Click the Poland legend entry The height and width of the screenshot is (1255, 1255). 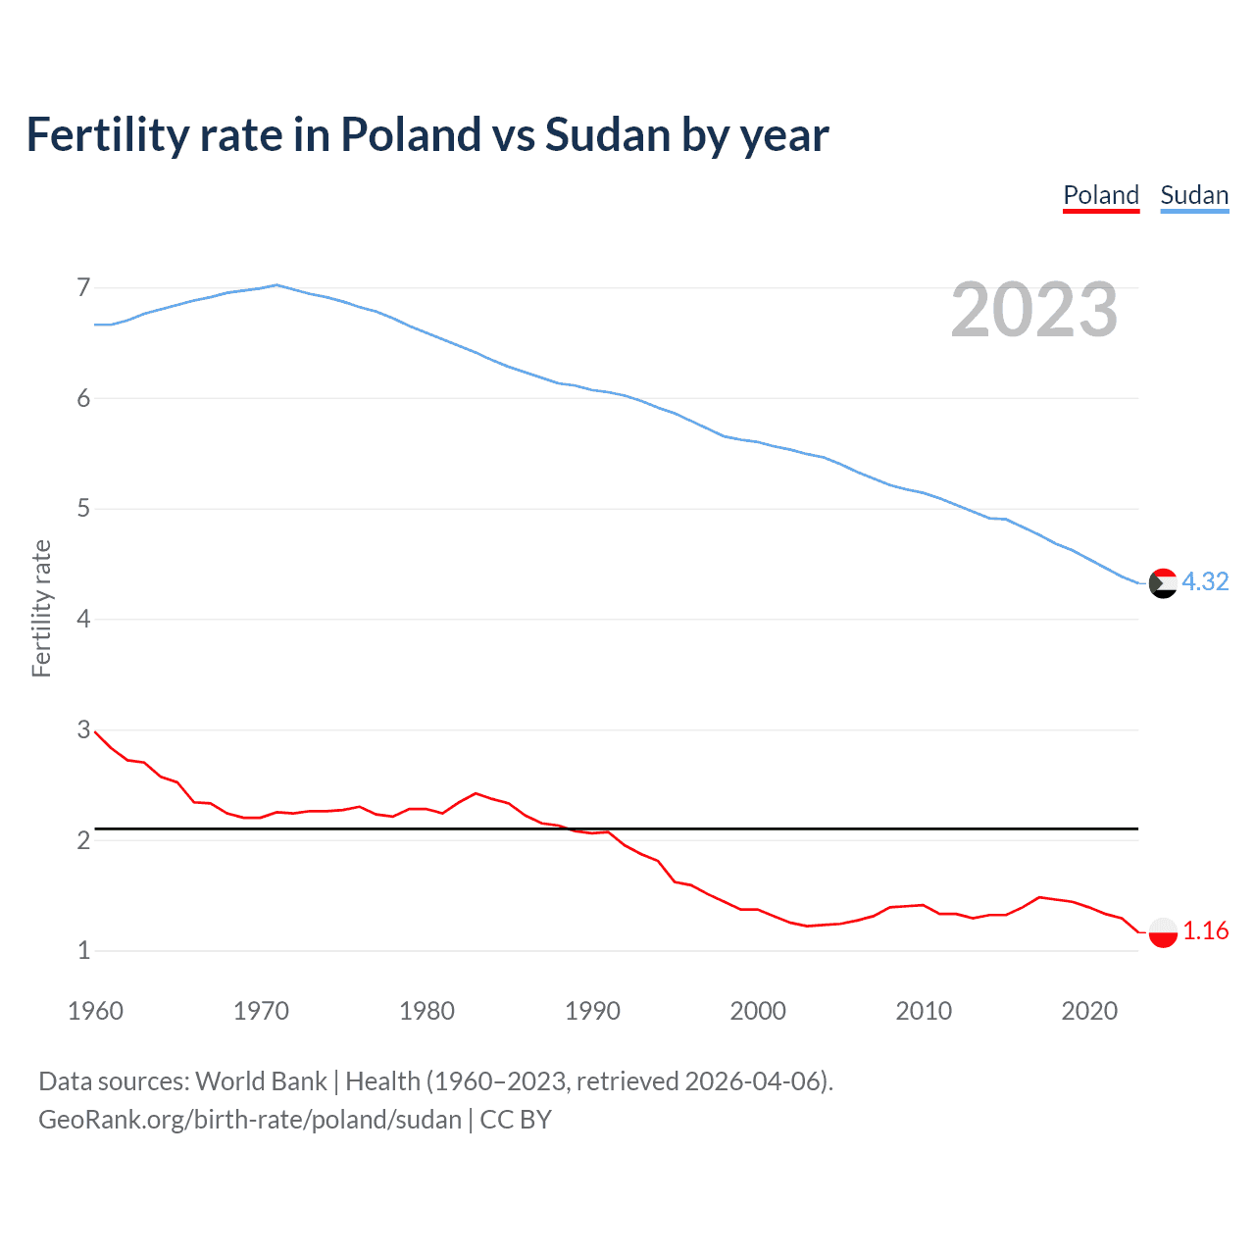pos(1101,195)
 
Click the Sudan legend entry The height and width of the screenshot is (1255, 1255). pos(1194,195)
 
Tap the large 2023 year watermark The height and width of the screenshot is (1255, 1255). pos(1034,310)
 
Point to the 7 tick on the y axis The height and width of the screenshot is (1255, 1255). pos(83,287)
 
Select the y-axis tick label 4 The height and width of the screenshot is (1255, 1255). pos(83,619)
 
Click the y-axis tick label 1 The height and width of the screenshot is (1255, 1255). pos(83,950)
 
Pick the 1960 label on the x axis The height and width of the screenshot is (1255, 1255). pos(95,1011)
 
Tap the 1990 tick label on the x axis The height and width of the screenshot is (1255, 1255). pos(592,1011)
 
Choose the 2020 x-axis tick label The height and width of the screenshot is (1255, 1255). pos(1089,1011)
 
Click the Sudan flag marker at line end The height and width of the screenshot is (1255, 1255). pos(1163,582)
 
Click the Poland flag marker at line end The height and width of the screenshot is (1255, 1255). pos(1163,931)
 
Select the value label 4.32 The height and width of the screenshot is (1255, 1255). pos(1205,581)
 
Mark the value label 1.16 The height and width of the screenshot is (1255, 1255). pos(1205,930)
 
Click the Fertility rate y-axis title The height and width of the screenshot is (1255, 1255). pos(41,608)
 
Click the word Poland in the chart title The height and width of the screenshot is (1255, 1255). pos(410,134)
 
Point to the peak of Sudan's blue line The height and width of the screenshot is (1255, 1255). pos(276,285)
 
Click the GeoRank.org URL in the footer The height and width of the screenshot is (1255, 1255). pos(250,1120)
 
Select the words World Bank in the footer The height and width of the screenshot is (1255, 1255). pos(261,1081)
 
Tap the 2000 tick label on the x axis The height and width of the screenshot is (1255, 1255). pos(758,1011)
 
